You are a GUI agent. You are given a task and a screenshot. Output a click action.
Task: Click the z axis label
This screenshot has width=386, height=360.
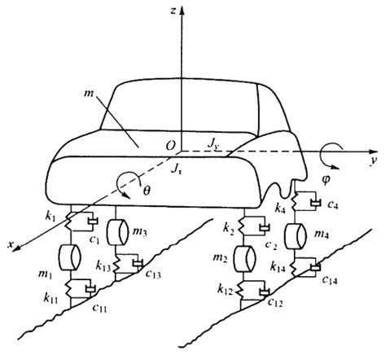[173, 11]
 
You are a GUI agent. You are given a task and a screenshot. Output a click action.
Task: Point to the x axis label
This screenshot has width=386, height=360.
[11, 244]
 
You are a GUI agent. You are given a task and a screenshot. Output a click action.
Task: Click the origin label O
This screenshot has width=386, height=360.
[170, 146]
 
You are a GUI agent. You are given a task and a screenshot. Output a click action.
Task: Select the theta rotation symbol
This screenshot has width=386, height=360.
[147, 191]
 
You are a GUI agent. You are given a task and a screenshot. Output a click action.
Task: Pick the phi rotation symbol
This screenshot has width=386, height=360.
[326, 181]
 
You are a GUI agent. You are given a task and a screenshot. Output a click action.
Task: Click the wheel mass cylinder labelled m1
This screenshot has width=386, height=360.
[70, 257]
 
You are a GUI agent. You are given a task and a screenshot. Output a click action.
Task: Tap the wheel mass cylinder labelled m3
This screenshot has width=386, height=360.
[117, 232]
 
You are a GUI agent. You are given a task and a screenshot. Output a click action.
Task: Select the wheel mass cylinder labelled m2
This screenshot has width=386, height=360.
[244, 259]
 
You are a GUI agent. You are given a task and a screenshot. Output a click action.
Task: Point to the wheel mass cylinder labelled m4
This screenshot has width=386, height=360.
[296, 236]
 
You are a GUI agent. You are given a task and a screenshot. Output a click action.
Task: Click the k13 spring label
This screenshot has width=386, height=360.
[103, 266]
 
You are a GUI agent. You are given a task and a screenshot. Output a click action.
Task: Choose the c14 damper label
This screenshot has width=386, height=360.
[330, 280]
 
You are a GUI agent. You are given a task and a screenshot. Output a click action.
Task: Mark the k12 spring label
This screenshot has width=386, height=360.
[225, 290]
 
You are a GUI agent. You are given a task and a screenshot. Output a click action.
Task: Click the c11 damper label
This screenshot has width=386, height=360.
[99, 308]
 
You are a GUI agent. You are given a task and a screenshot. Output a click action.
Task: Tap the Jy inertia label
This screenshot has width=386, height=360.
[214, 144]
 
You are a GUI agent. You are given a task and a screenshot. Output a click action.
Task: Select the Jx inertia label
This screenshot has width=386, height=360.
[176, 169]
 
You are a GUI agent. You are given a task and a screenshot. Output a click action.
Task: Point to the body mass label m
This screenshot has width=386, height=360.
[89, 94]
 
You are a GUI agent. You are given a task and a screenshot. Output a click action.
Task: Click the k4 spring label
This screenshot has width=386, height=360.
[280, 209]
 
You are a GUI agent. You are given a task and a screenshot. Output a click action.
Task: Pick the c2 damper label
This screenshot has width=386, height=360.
[271, 245]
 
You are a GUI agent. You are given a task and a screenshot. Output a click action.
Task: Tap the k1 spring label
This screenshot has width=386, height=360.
[50, 217]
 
